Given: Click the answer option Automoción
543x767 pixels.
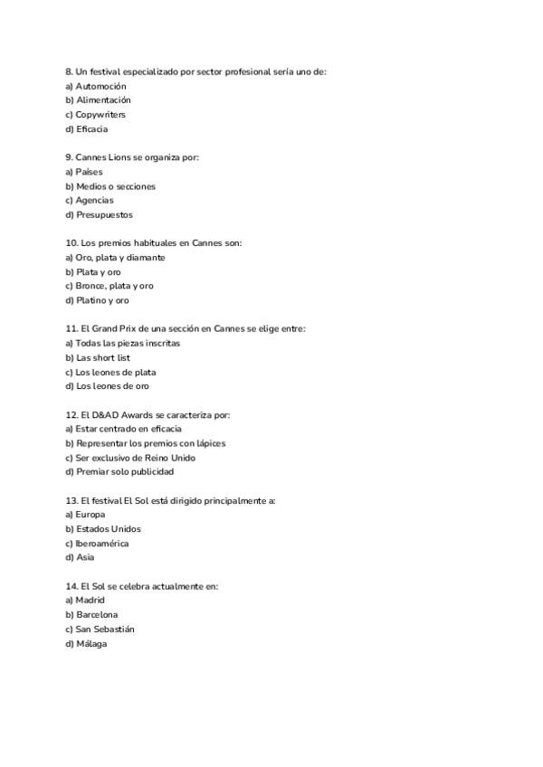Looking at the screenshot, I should [100, 86].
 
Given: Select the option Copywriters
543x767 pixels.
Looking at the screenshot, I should [100, 115].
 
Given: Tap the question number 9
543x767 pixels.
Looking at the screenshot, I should [68, 157].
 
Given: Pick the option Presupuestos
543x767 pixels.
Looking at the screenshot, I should [103, 215].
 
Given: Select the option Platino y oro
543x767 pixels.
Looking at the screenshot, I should [101, 300].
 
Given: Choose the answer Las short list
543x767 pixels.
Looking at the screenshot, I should [102, 358].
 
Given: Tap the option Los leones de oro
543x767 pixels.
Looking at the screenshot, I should [111, 386].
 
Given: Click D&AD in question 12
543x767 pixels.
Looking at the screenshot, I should [108, 415].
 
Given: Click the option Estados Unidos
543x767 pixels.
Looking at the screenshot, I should [108, 529].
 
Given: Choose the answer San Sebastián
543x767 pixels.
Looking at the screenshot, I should [108, 629].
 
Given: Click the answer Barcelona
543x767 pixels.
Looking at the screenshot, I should [97, 614].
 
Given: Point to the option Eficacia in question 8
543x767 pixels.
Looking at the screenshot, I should [91, 129].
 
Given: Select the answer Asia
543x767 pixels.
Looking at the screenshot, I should [85, 557].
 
